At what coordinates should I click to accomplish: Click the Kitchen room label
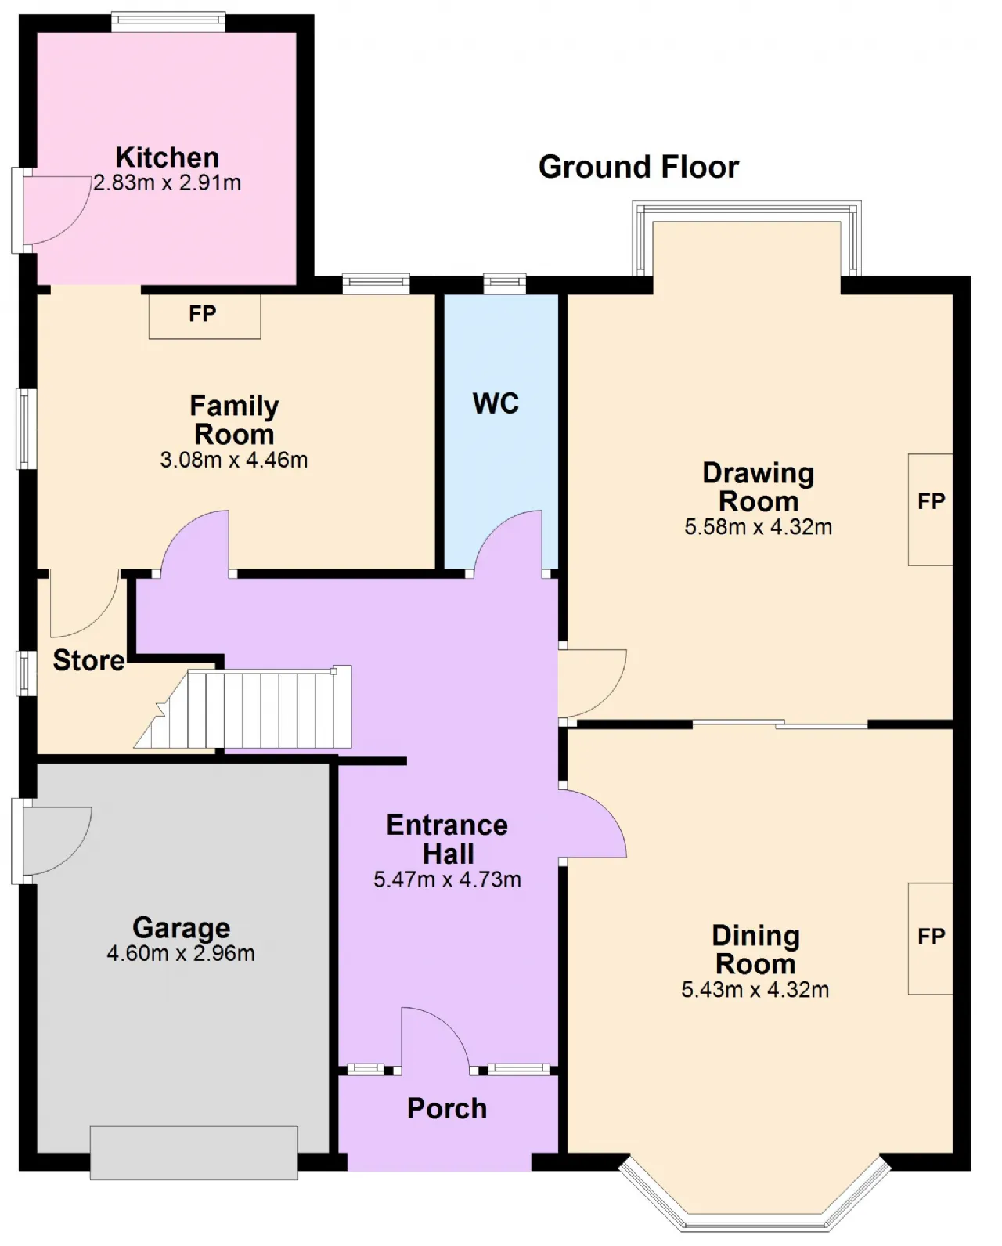tap(168, 157)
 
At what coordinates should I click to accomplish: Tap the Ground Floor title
tap(639, 168)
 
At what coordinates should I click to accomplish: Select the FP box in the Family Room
tap(204, 316)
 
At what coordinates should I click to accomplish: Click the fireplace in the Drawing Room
tap(930, 510)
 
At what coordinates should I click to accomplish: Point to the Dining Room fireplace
tap(930, 938)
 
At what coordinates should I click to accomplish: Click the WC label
tap(496, 403)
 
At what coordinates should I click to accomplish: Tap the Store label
tap(88, 660)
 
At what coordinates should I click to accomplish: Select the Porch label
tap(447, 1108)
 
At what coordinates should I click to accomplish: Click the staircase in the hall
tap(243, 707)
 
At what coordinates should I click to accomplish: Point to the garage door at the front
tap(194, 1152)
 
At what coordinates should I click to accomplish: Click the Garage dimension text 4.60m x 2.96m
tap(181, 953)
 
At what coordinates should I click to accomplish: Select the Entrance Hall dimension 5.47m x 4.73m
tap(447, 879)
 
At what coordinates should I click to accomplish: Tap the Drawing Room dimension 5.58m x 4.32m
tap(759, 527)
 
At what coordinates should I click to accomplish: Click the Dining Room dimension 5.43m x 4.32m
tap(755, 989)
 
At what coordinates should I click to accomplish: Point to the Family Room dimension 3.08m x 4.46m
tap(234, 460)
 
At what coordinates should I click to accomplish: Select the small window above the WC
tap(505, 284)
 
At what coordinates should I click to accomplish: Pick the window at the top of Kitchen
tap(168, 22)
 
